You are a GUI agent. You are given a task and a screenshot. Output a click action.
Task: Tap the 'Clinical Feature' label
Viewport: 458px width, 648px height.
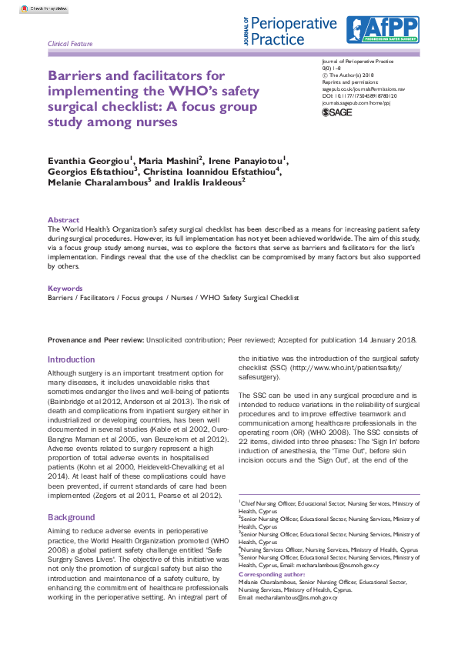(70, 44)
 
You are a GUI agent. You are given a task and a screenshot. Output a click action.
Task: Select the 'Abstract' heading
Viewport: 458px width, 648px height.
(63, 219)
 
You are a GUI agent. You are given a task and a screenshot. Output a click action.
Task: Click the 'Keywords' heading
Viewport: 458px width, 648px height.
(65, 288)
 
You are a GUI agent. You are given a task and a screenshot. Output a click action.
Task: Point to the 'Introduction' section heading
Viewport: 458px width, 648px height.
(72, 359)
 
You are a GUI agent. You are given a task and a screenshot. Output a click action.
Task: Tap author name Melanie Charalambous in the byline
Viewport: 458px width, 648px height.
(97, 182)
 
